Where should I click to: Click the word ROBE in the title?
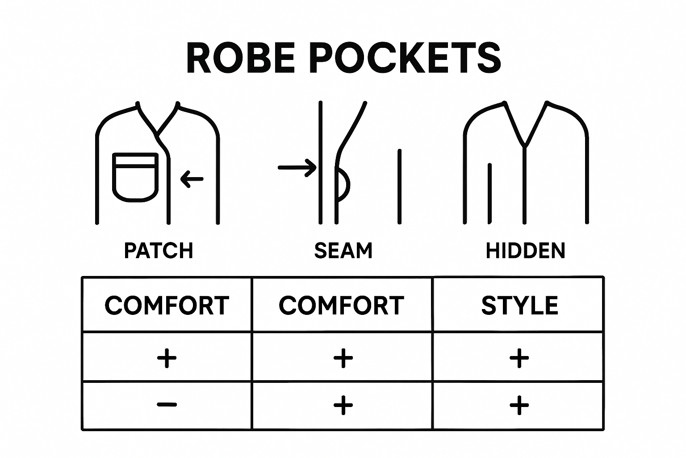241,59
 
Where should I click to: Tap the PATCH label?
159,250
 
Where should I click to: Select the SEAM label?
343,250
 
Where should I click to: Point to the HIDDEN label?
525,250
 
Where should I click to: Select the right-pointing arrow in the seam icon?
297,168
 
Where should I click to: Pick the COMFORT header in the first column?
167,305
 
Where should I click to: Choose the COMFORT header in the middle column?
342,305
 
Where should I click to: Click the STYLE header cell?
519,305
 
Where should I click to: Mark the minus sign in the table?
167,405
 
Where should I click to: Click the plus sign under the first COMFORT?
167,358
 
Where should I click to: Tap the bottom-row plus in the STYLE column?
519,405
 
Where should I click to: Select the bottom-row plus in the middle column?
343,405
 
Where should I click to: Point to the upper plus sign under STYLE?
519,358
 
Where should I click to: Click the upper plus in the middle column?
343,358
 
